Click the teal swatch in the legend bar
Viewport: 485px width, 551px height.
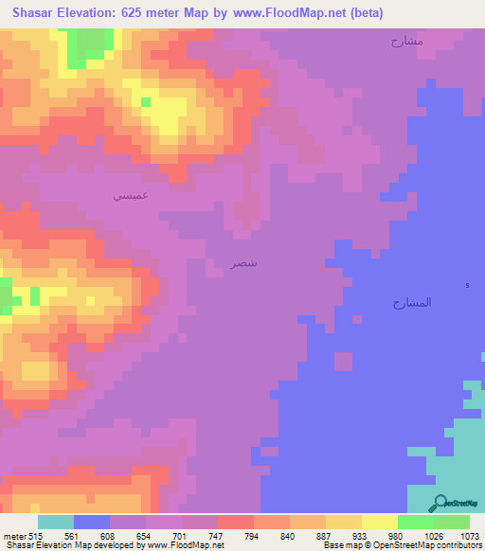click(56, 522)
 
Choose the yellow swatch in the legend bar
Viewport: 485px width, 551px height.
click(380, 522)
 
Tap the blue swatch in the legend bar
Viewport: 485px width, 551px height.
click(92, 522)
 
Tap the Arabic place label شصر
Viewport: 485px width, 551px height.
click(244, 261)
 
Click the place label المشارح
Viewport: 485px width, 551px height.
click(412, 302)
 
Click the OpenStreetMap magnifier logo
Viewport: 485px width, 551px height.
click(440, 502)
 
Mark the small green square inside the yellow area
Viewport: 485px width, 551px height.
click(146, 101)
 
